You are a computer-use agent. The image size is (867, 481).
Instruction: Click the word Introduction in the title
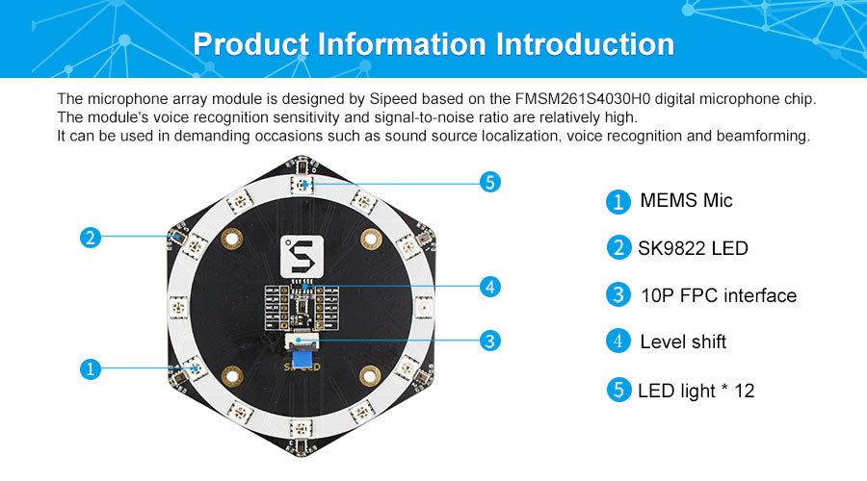(585, 44)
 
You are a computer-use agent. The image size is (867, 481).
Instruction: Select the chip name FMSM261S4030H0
(583, 99)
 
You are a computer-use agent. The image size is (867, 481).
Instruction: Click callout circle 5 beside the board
(490, 182)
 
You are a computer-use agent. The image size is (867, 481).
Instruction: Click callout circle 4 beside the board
(490, 287)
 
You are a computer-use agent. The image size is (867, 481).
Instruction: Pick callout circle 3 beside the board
(490, 341)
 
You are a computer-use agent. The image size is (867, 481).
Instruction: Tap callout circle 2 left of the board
(91, 238)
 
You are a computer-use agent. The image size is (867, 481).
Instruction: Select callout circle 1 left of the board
(91, 368)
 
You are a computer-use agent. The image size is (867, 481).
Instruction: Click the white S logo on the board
(302, 256)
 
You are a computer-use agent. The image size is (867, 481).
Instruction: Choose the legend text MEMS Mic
(686, 200)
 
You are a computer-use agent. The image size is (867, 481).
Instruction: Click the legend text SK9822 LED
(693, 248)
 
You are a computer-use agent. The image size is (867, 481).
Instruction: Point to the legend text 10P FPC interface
(719, 295)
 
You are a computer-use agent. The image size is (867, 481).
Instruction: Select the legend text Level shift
(683, 342)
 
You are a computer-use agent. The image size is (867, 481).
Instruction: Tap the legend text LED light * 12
(696, 391)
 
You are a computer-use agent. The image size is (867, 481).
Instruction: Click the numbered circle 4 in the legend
(618, 342)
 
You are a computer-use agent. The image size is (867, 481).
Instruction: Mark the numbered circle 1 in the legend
(618, 202)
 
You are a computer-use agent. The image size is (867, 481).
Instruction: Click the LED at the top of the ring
(302, 184)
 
